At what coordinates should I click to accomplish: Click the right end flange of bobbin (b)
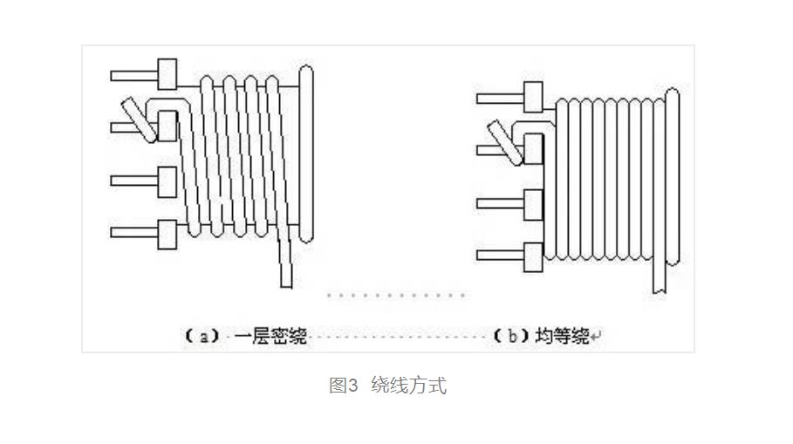pos(673,174)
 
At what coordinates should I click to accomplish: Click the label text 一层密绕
pos(271,337)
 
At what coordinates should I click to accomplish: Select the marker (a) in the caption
pos(201,337)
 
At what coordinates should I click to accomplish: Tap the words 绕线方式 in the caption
pos(408,386)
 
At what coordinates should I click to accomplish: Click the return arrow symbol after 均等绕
pos(597,337)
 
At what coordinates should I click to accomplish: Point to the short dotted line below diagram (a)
pos(396,295)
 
